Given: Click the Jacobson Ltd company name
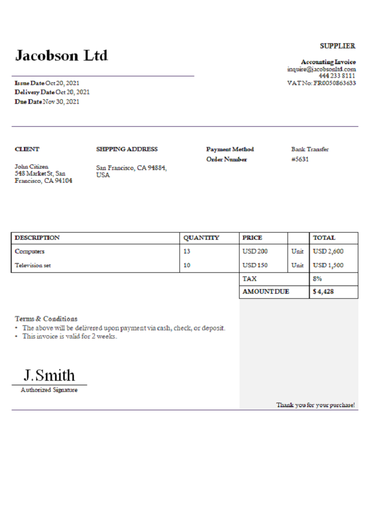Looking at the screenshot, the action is pos(61,55).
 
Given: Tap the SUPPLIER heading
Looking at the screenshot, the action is pos(337,46).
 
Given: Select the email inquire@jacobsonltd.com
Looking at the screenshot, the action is pos(321,69).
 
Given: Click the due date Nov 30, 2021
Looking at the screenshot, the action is pos(61,102).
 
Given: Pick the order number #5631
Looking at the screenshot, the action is pos(300,159).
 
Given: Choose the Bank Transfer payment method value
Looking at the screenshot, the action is pos(310,149).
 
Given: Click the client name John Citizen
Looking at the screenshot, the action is pos(32,166).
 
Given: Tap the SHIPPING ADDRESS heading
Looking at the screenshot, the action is pos(127,149).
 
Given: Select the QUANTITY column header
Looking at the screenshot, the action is pos(201,238).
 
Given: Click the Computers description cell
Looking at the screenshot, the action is pos(30,251).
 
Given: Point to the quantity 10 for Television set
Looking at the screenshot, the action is pos(187,265).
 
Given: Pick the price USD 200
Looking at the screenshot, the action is pos(255,251).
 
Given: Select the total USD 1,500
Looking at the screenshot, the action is pos(328,265).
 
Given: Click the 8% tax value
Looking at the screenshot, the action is pos(317,279).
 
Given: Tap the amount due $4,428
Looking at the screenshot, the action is pos(323,292).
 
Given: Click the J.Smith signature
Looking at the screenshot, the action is pos(49,376).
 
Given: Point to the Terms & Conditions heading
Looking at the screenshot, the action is pos(46,319).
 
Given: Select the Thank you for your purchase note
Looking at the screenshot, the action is pos(316,405).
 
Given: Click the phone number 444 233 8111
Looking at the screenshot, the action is pos(337,76).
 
